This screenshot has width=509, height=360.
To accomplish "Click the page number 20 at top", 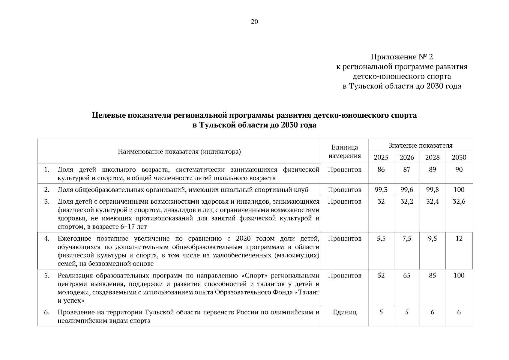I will click(x=254, y=22).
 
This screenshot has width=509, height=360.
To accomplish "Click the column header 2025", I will click(x=381, y=157).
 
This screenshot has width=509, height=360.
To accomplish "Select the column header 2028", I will click(x=432, y=157).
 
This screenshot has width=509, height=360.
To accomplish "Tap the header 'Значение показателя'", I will click(x=420, y=145).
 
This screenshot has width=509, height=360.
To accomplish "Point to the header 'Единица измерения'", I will click(x=345, y=151).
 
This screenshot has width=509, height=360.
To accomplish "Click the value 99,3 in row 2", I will click(x=381, y=190).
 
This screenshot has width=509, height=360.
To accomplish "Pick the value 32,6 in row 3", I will click(x=459, y=202).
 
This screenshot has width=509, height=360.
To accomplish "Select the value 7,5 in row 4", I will click(x=407, y=238).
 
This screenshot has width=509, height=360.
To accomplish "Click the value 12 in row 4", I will click(x=459, y=238).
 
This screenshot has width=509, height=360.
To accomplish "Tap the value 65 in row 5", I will click(x=407, y=275).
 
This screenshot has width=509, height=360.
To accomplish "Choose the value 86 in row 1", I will click(x=381, y=169).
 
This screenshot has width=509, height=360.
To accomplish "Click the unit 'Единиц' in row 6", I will click(x=345, y=312).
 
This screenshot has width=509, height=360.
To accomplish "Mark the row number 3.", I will click(x=47, y=202).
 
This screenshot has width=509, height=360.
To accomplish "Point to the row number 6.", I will click(x=47, y=312).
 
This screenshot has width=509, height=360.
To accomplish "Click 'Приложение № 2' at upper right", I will click(x=402, y=57).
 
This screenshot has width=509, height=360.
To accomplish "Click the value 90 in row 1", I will click(x=459, y=169).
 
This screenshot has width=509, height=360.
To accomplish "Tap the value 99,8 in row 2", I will click(x=432, y=190).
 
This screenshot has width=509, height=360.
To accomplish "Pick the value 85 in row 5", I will click(x=432, y=275).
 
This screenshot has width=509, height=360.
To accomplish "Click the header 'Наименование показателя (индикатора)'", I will click(x=179, y=151).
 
